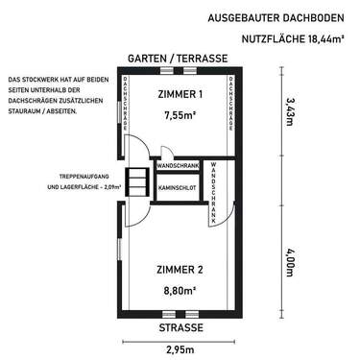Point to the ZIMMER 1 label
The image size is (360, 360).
(x=180, y=94)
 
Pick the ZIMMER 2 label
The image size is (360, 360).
(x=180, y=270)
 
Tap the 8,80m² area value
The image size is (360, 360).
(x=180, y=289)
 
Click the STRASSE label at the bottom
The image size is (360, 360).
(x=180, y=328)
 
